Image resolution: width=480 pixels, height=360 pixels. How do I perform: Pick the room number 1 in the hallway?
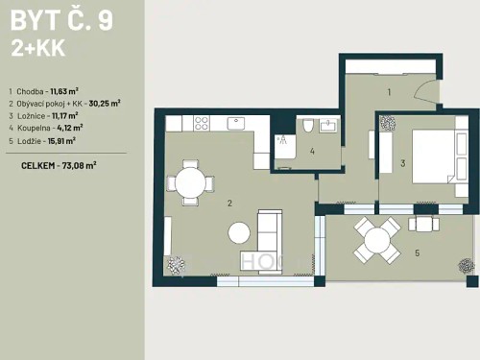click(389, 92)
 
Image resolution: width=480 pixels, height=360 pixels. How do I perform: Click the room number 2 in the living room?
click(229, 204)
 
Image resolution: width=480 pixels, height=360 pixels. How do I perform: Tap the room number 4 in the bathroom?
click(313, 151)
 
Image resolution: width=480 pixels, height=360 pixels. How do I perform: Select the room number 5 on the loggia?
click(417, 253)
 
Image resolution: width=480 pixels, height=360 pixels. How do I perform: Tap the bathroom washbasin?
click(328, 125)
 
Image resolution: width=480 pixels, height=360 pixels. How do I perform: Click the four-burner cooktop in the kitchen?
click(203, 123)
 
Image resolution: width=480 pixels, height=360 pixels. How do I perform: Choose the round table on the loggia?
click(376, 237)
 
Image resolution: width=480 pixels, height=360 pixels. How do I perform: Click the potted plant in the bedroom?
click(388, 124)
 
